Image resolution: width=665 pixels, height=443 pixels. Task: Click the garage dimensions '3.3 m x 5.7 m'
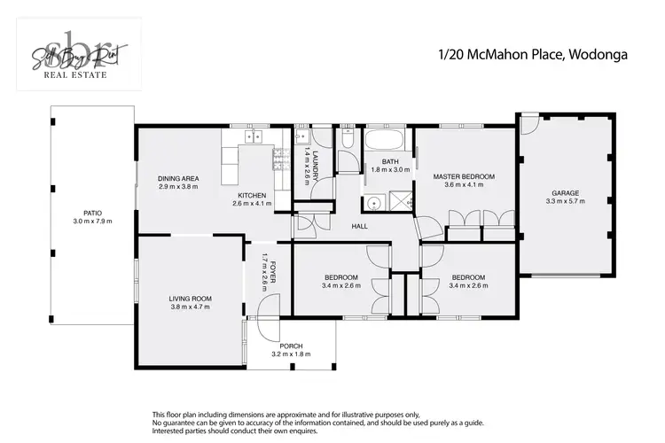[x=566, y=201]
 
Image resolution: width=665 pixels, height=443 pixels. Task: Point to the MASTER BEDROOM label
[x=463, y=176]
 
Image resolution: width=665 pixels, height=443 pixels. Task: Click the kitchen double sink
[x=254, y=136]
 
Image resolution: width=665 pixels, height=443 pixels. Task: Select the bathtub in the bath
[x=385, y=140]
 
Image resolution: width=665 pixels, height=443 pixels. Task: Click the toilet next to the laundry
[x=348, y=138]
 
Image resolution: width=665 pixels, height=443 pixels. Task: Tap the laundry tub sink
[x=301, y=137]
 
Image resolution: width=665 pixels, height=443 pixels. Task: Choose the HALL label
[x=359, y=226]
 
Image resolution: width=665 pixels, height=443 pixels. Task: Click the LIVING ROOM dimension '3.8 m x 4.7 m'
[x=189, y=310]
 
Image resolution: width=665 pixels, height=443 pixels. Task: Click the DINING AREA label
[x=178, y=178]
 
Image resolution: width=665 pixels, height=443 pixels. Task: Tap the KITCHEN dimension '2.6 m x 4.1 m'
[x=252, y=204]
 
